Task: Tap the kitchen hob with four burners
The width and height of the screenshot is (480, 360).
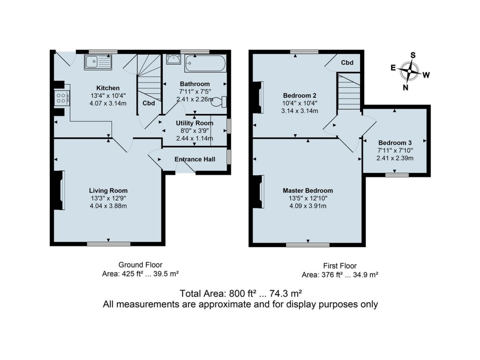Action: point(61,97)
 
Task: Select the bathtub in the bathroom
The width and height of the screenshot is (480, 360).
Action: point(205,62)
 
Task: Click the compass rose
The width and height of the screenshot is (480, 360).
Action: point(410,71)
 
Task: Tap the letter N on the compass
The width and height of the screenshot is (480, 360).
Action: point(406,87)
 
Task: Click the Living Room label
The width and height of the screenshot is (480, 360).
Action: point(108,190)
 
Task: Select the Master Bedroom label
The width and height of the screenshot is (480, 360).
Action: point(307,190)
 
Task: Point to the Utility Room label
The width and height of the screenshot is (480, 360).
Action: point(195,123)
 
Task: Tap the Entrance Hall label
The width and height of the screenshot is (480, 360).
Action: point(195,159)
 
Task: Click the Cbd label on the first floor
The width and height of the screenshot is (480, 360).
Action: point(347,62)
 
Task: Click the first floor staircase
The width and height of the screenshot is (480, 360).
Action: point(348,92)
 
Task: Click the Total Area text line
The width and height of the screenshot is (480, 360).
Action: point(240,293)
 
